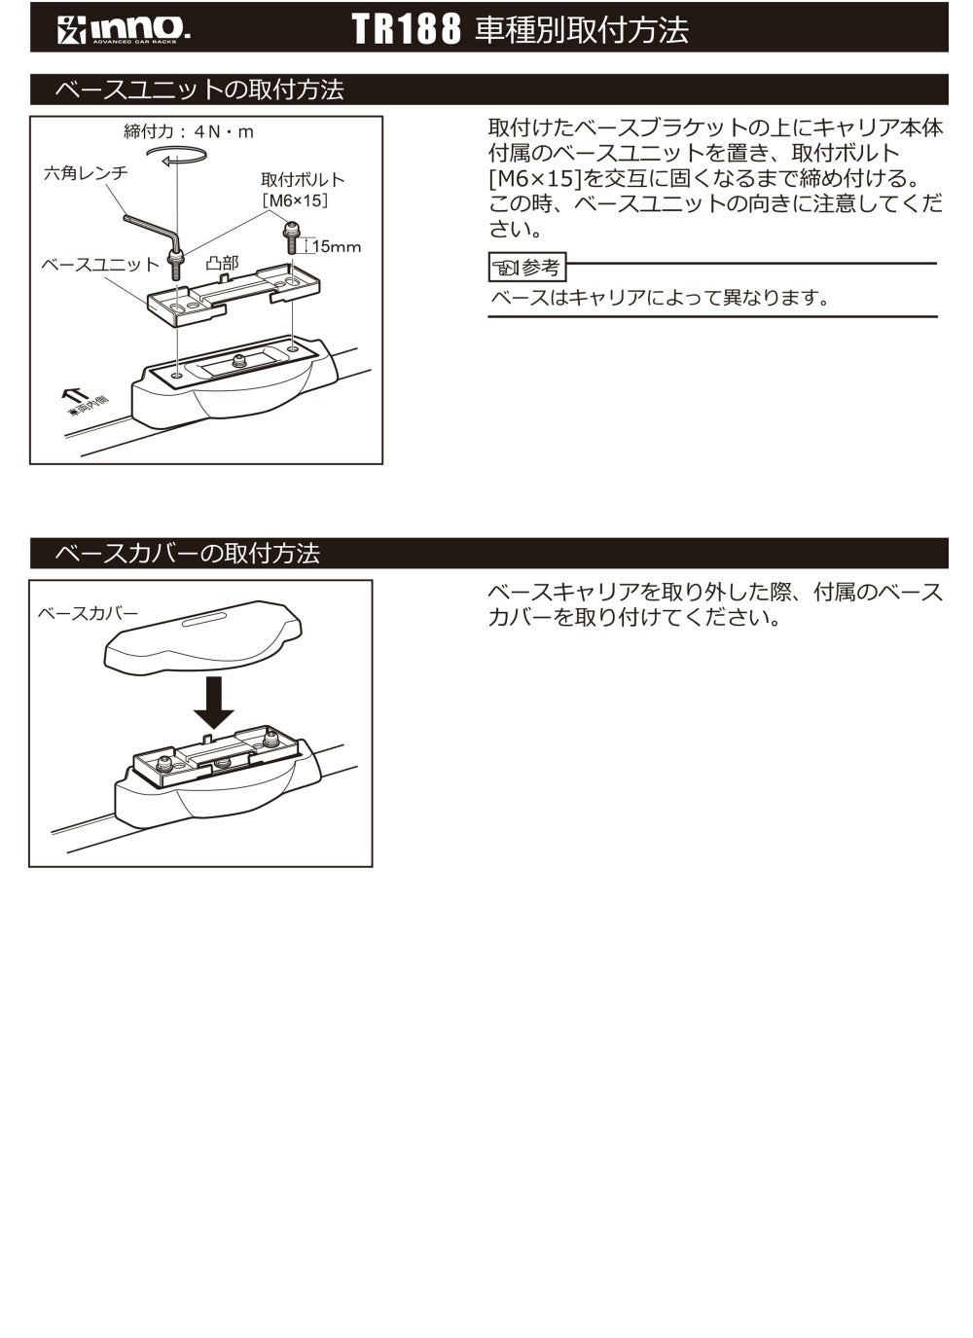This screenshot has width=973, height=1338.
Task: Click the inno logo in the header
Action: (123, 29)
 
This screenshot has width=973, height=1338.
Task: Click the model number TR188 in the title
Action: (406, 29)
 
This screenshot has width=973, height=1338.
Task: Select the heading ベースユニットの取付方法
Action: (199, 90)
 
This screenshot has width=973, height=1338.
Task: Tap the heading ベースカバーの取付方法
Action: (187, 554)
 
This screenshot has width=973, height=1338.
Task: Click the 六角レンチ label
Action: (86, 172)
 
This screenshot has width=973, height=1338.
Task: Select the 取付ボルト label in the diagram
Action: (303, 180)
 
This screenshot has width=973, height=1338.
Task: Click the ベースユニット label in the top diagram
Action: (99, 265)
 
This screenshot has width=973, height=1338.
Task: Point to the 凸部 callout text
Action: (222, 264)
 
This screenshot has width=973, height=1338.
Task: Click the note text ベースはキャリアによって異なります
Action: (660, 298)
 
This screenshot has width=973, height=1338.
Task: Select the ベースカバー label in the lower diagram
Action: (88, 613)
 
